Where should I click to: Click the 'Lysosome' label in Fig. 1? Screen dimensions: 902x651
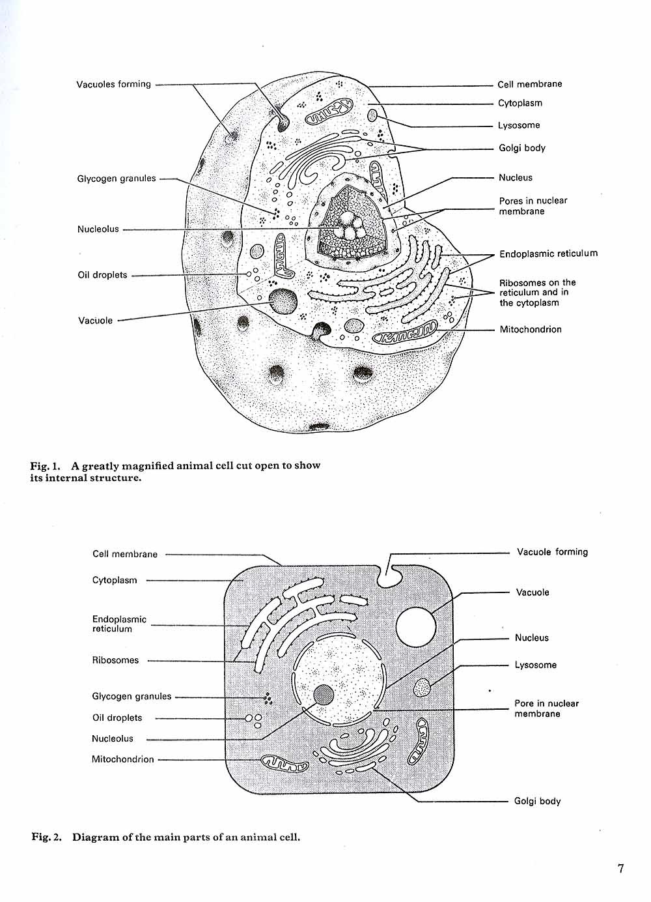(x=519, y=125)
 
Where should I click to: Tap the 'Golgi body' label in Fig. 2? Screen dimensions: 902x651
(x=537, y=801)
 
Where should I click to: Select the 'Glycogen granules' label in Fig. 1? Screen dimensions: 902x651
(x=117, y=179)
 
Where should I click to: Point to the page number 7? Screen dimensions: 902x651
(x=620, y=868)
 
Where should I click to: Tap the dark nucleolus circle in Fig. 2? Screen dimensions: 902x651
(x=324, y=695)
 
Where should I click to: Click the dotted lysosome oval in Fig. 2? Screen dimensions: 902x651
(x=422, y=687)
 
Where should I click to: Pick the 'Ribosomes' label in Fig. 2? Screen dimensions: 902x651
(x=115, y=660)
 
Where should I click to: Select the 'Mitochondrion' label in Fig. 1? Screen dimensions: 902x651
(x=530, y=329)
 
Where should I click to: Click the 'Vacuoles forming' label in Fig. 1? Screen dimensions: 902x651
(x=113, y=84)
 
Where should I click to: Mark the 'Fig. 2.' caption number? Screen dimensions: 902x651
(x=47, y=837)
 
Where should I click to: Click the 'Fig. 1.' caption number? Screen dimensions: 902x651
(x=46, y=465)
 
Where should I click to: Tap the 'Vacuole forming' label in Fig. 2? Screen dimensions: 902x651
(x=552, y=552)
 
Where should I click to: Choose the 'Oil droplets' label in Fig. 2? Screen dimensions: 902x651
(x=117, y=718)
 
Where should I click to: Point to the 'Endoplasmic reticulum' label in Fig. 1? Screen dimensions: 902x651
(x=548, y=254)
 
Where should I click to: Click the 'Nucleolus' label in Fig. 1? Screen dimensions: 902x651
(x=98, y=229)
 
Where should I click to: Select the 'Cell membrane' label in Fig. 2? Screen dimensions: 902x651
(x=125, y=554)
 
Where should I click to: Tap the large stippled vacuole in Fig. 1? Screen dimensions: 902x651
(x=284, y=302)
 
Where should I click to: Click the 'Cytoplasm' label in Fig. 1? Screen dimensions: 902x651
(x=520, y=103)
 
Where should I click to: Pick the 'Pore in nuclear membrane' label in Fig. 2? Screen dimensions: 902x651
(x=546, y=708)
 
